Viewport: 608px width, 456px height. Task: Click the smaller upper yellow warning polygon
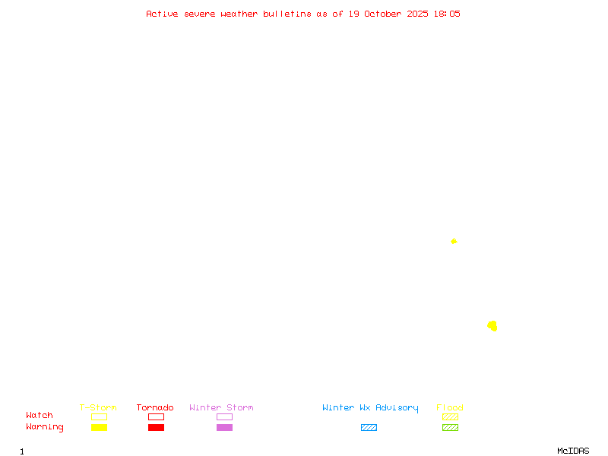(x=454, y=241)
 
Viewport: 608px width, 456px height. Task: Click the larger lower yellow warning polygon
(x=492, y=326)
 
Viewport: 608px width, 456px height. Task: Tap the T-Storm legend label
(x=98, y=408)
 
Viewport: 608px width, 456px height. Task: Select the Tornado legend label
(x=155, y=408)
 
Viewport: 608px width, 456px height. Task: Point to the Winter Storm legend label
(x=221, y=408)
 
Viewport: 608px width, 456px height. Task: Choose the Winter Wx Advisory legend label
(x=370, y=408)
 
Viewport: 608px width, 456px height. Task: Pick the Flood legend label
(x=450, y=408)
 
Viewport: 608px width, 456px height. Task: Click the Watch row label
(x=40, y=416)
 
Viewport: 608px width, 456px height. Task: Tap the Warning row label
(x=45, y=427)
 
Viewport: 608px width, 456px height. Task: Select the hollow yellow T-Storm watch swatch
(x=99, y=416)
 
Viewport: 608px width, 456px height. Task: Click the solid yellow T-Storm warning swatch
(x=99, y=427)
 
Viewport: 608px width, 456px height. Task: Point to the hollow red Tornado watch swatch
(x=156, y=416)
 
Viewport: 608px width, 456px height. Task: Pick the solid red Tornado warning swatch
(x=156, y=427)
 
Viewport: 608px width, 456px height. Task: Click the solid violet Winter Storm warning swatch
(x=224, y=427)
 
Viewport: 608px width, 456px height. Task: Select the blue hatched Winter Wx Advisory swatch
(x=369, y=427)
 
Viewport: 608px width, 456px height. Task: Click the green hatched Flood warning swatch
(x=450, y=427)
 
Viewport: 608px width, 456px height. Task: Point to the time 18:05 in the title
(x=448, y=14)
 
